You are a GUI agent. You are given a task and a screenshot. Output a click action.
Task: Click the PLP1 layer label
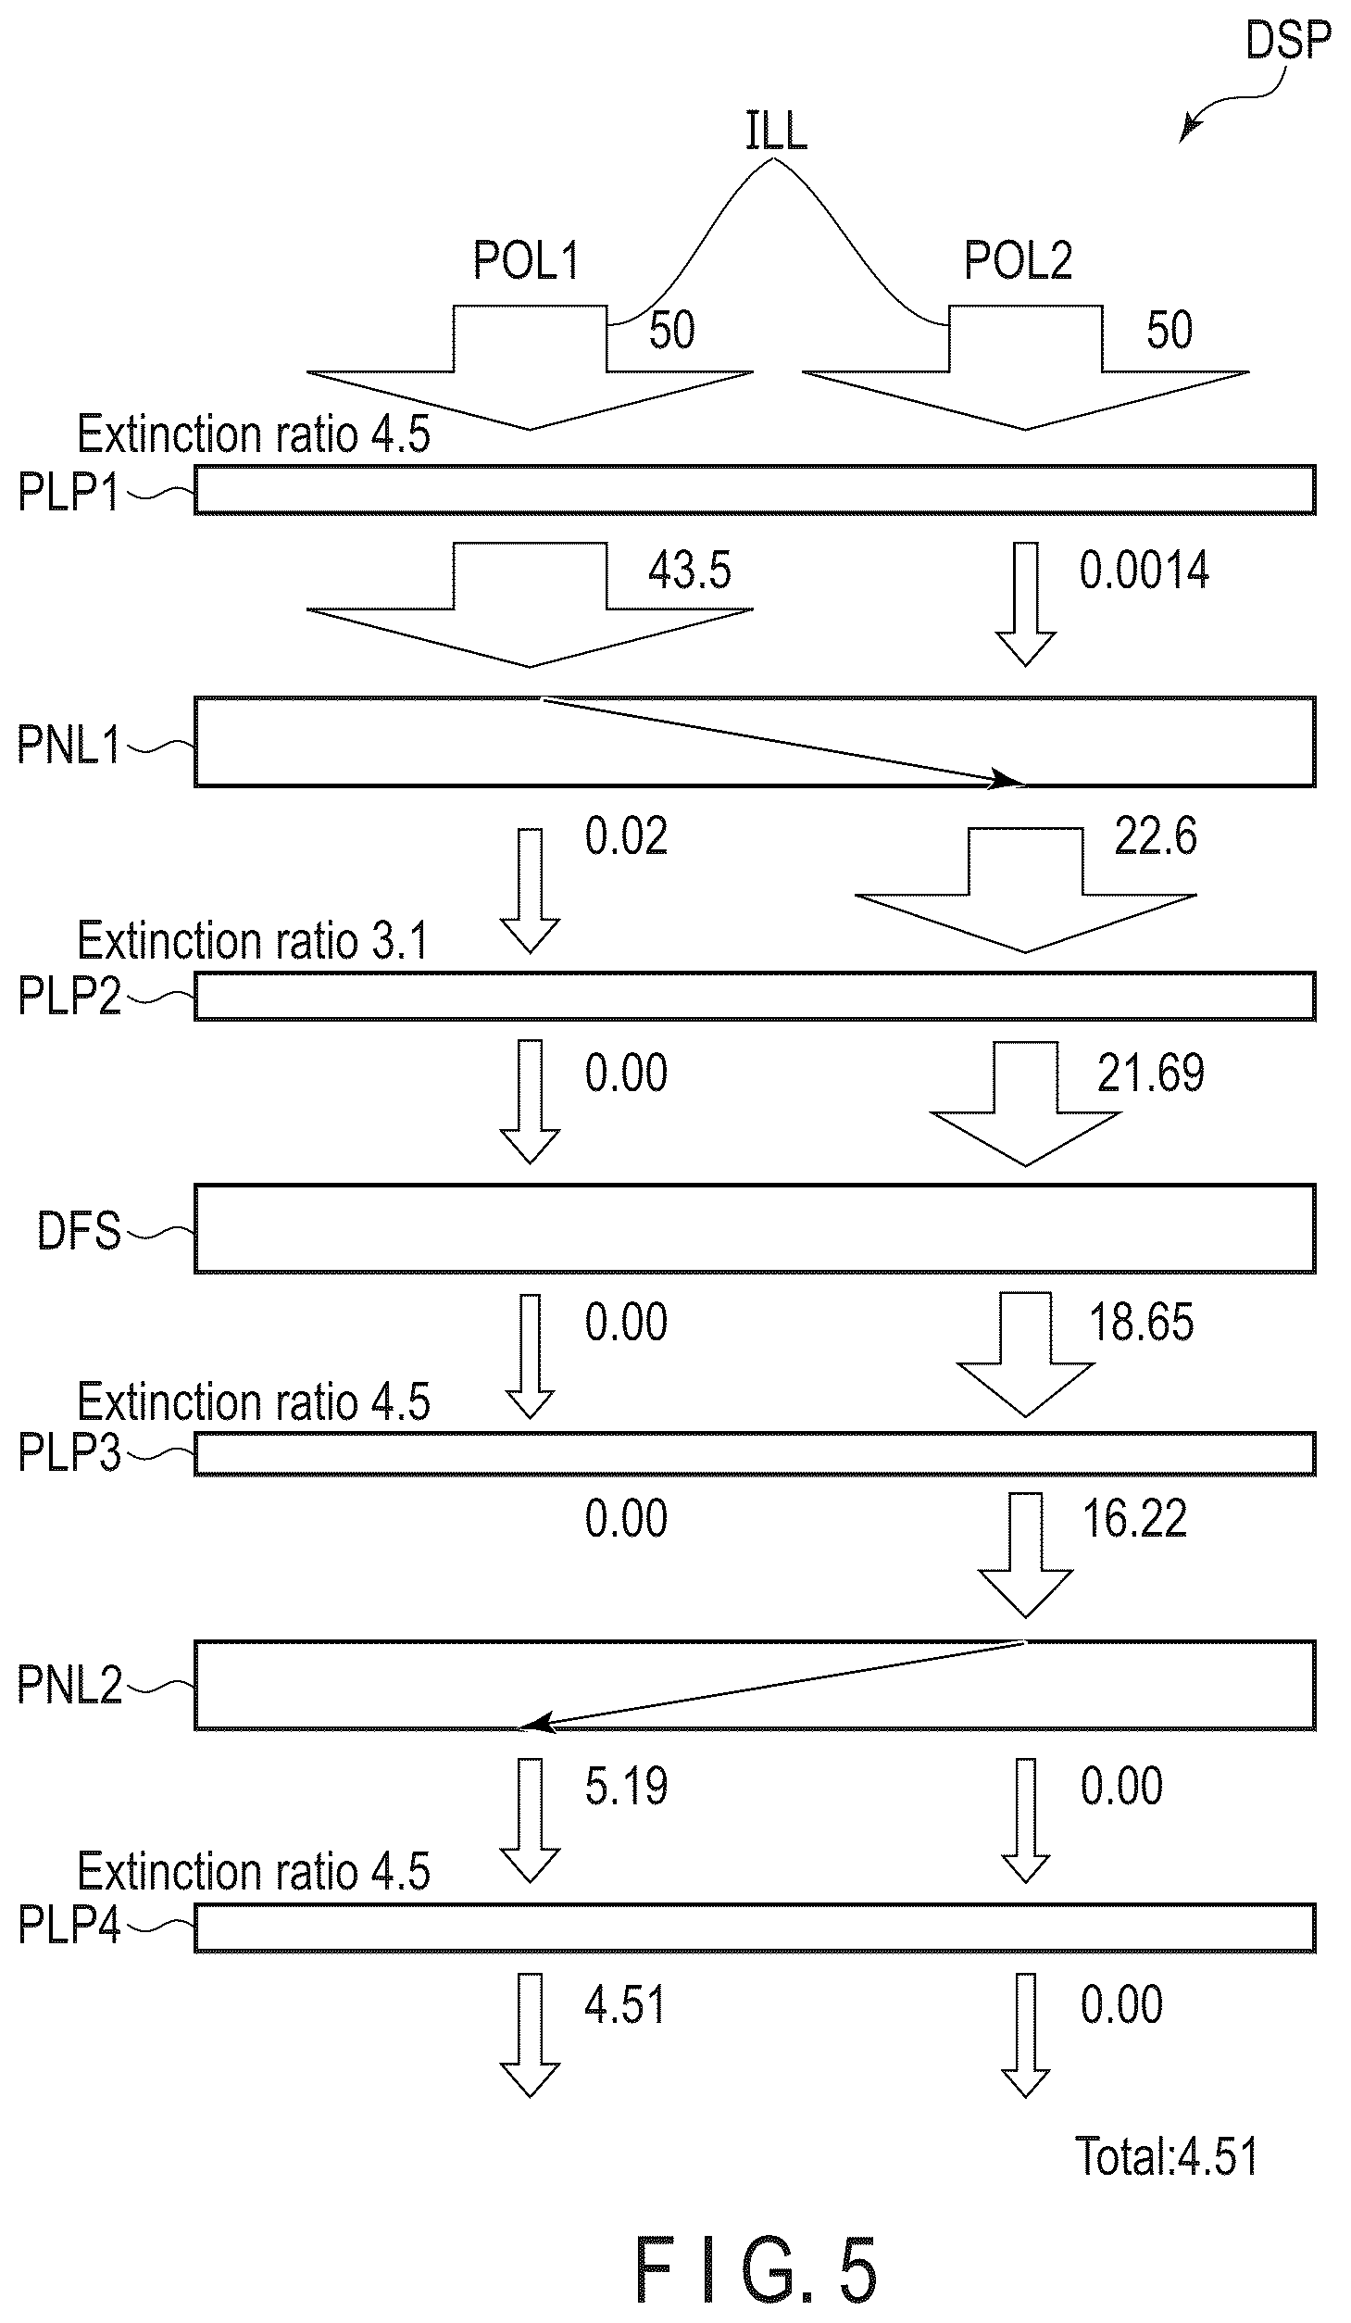(69, 492)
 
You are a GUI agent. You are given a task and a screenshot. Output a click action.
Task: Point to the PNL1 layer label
(69, 745)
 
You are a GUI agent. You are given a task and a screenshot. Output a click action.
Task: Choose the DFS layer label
(80, 1231)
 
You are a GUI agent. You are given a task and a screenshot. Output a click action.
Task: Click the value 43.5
(690, 569)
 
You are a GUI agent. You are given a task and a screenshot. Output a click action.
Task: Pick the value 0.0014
(1145, 569)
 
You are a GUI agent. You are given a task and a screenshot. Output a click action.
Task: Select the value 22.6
(1156, 836)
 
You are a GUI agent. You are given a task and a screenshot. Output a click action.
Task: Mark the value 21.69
(1151, 1074)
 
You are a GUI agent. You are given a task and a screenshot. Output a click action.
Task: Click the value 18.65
(1142, 1322)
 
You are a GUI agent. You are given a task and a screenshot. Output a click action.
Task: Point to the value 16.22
(1134, 1519)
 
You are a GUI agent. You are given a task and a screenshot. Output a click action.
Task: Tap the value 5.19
(626, 1786)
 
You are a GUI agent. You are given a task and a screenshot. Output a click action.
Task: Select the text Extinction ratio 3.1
(254, 941)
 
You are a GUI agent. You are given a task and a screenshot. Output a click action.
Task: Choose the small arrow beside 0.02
(530, 891)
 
